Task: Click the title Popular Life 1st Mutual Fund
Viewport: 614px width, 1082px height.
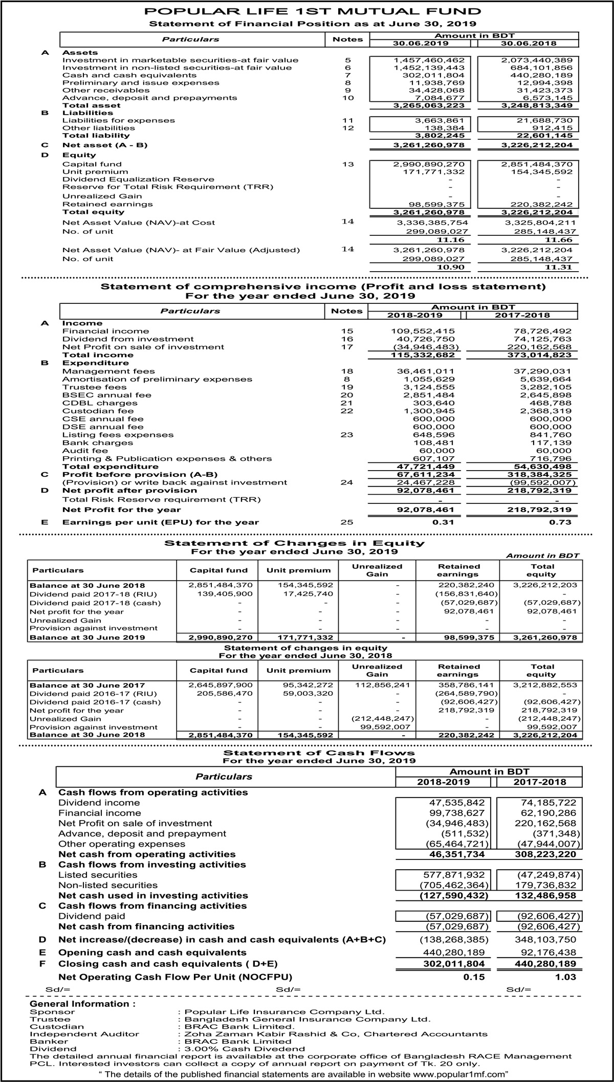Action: [313, 11]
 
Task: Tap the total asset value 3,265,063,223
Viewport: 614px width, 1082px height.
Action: [428, 105]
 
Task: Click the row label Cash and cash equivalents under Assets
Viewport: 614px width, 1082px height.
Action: [129, 75]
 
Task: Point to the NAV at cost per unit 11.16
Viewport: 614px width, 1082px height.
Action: [450, 240]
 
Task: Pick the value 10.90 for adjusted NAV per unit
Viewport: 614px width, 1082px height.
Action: [450, 268]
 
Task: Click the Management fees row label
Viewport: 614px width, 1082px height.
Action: [108, 371]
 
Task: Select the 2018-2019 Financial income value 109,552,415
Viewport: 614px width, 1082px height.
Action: [423, 332]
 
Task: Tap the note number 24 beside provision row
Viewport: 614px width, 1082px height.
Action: [347, 482]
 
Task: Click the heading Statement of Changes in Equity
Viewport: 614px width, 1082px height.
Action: [294, 543]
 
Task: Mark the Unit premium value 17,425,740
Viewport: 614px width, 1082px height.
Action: [305, 594]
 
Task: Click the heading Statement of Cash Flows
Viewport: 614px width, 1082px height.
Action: [319, 753]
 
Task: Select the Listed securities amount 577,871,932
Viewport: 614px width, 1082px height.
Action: [456, 875]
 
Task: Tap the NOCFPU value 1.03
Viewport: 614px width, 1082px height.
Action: [566, 977]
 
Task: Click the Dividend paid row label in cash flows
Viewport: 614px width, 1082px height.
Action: [92, 916]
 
